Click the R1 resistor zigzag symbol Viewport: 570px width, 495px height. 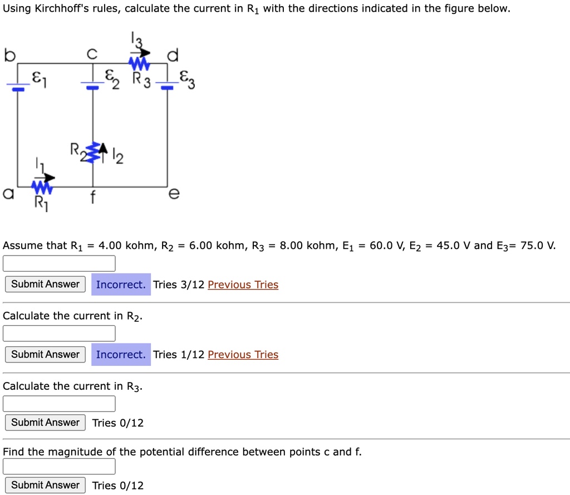pyautogui.click(x=42, y=185)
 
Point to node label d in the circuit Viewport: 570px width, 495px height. pyautogui.click(x=173, y=55)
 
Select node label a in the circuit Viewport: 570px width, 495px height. pyautogui.click(x=7, y=193)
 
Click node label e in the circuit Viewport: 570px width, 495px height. pyautogui.click(x=174, y=194)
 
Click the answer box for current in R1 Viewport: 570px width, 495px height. pyautogui.click(x=59, y=263)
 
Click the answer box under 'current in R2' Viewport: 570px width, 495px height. pyautogui.click(x=59, y=333)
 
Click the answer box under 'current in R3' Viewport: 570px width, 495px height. pyautogui.click(x=59, y=403)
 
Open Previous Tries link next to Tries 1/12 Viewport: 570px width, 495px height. pyautogui.click(x=243, y=355)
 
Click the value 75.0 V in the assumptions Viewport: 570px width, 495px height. pyautogui.click(x=537, y=246)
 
